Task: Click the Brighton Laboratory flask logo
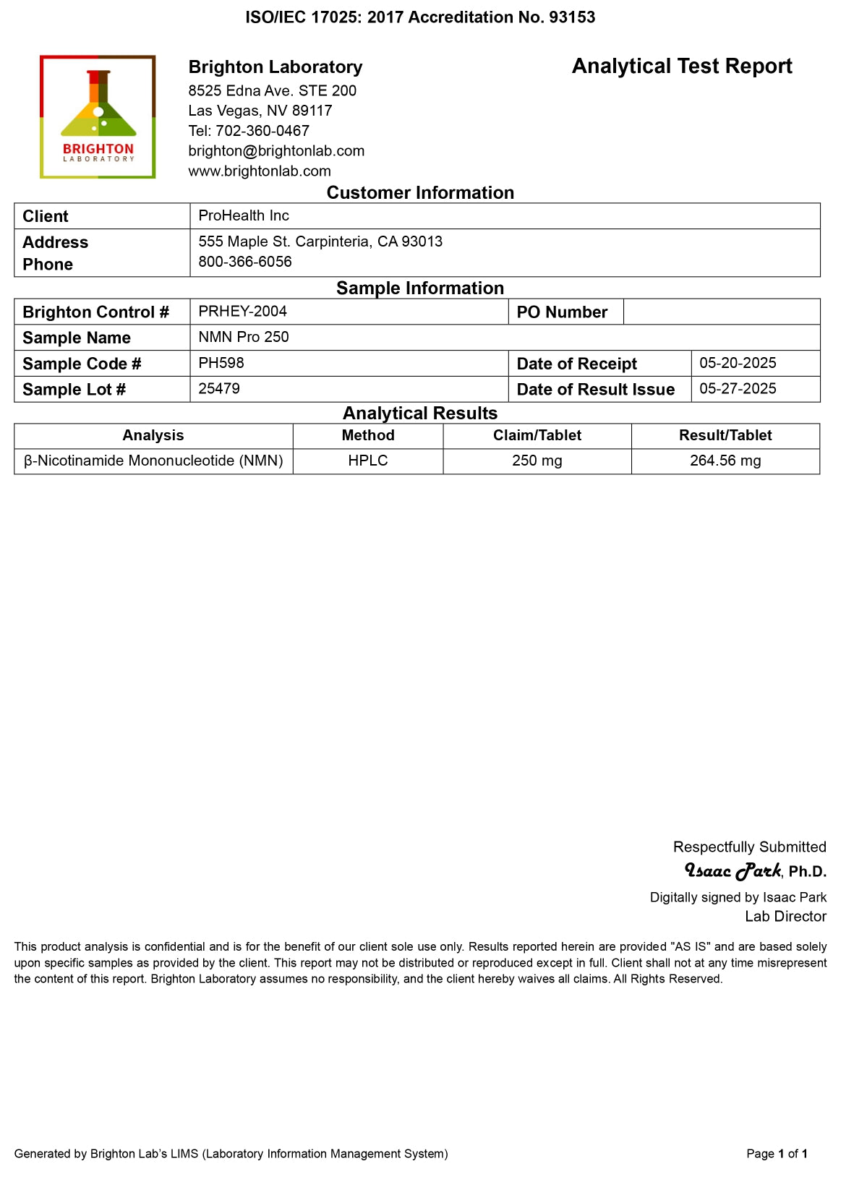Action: point(98,116)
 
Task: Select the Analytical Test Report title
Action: point(681,67)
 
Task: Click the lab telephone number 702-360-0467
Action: point(262,131)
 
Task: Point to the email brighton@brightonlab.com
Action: point(276,151)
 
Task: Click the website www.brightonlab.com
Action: point(260,171)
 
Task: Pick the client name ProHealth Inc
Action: point(244,215)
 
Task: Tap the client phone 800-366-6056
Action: point(245,262)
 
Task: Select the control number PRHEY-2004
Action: point(242,312)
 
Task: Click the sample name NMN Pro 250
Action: point(244,337)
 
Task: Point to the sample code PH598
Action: point(221,363)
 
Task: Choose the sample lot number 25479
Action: point(219,389)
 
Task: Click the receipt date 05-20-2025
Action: point(738,363)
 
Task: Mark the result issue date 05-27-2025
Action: point(738,389)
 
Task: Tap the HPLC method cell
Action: point(368,461)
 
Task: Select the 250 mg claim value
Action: point(537,461)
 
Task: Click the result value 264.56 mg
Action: point(725,461)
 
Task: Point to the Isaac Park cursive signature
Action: point(733,870)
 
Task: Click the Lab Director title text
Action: point(785,917)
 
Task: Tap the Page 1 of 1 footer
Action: point(777,1154)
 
